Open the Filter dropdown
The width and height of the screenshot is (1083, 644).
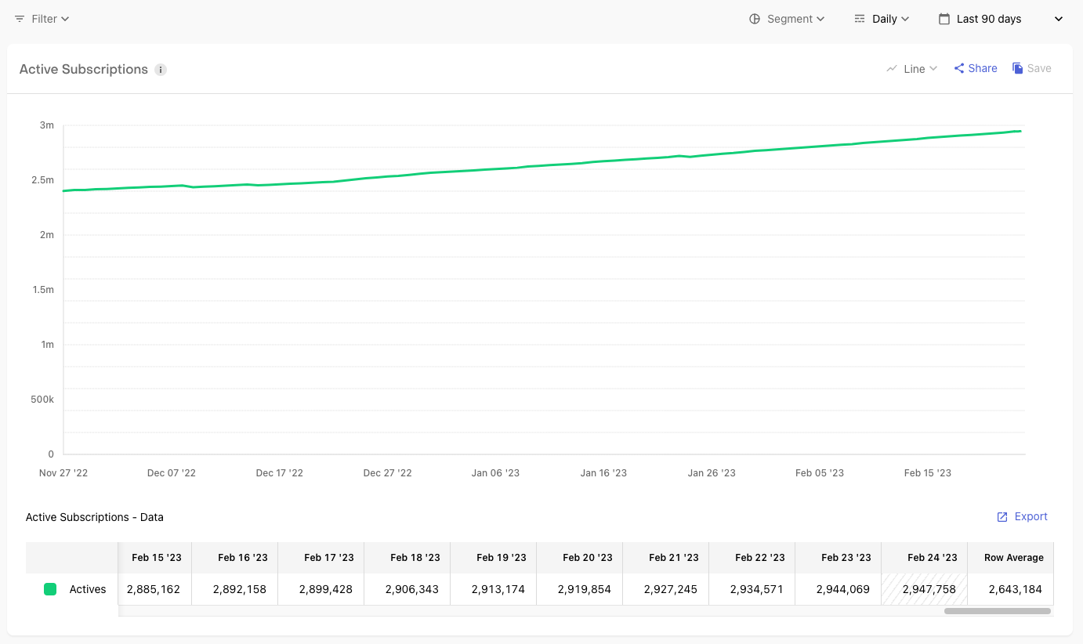pos(42,19)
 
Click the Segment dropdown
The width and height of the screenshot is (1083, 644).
pos(787,19)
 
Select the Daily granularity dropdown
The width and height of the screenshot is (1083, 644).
pos(882,19)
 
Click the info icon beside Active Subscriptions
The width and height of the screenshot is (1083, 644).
pos(161,70)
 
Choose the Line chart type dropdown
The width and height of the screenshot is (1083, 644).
pos(912,69)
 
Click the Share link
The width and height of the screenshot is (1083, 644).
pos(976,69)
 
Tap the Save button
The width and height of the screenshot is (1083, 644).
pos(1031,69)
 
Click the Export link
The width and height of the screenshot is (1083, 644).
pos(1023,517)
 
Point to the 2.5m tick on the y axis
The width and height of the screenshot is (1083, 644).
pos(43,180)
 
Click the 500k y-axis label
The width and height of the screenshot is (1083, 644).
pos(42,400)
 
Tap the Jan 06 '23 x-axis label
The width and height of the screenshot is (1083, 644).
pos(495,473)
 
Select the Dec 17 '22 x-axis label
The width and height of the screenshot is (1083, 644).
pos(279,473)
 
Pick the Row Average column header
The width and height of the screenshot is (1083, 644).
pos(1014,558)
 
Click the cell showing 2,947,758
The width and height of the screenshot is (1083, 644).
pos(929,589)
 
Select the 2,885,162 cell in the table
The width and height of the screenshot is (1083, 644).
pos(153,589)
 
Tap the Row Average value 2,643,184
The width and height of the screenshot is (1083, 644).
pos(1015,589)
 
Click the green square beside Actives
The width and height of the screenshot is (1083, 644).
pos(50,589)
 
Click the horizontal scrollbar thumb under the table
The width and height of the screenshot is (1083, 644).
pos(997,611)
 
